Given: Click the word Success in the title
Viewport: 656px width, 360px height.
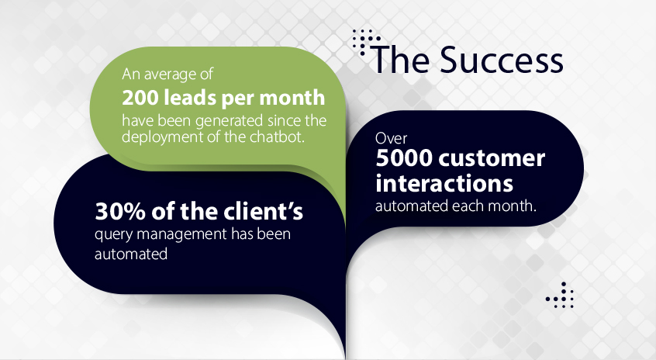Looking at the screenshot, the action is click(x=501, y=60).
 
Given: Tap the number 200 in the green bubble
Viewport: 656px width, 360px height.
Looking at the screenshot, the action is click(x=140, y=98).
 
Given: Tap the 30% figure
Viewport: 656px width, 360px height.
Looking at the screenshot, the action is click(x=120, y=211).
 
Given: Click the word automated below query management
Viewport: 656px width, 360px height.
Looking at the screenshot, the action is click(x=131, y=254).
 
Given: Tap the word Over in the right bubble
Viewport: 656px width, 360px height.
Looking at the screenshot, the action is click(x=391, y=138).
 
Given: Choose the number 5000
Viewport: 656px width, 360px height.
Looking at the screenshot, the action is click(x=404, y=158).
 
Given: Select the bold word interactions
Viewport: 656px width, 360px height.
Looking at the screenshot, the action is click(x=444, y=183).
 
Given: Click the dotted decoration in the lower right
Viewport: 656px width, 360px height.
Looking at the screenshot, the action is click(x=559, y=296).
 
